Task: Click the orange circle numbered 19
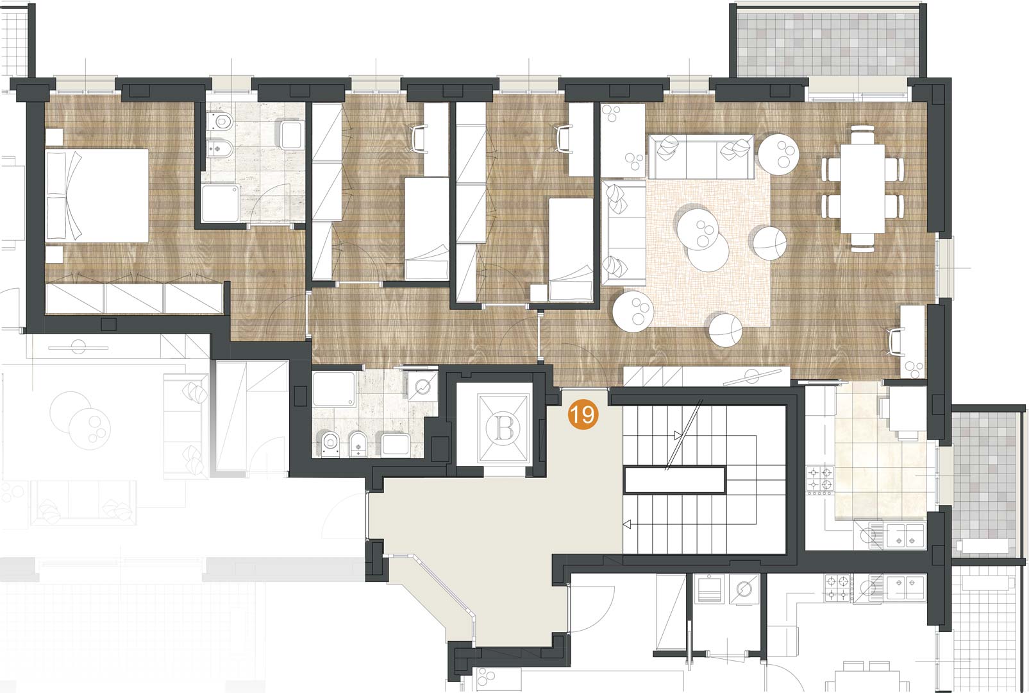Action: click(583, 415)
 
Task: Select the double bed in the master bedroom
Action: click(97, 195)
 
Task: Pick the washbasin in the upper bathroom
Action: click(291, 134)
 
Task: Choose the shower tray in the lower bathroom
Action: click(334, 389)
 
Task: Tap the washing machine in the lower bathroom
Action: click(422, 386)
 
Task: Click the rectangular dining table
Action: click(863, 189)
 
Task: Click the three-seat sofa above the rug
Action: click(701, 157)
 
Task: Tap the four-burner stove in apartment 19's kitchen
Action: click(821, 479)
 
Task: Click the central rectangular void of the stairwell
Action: click(674, 480)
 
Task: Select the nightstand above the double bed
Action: click(54, 137)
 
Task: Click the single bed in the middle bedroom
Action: click(426, 228)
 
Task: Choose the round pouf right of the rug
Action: click(769, 243)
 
